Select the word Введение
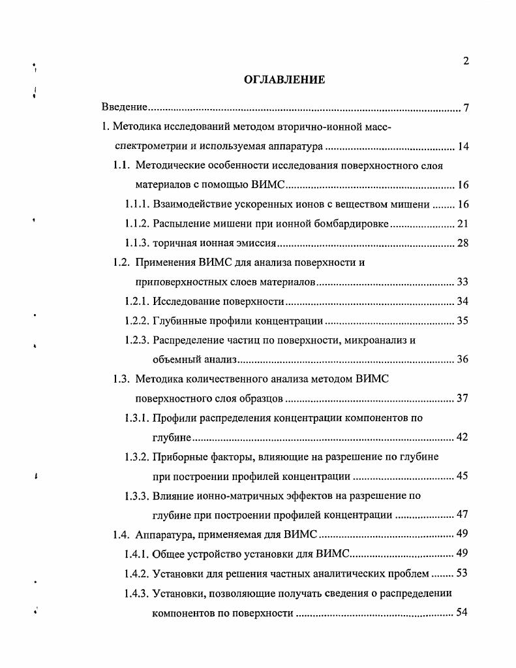coord(123,107)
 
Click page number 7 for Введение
coord(466,107)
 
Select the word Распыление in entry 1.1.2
coord(179,224)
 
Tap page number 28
coord(463,244)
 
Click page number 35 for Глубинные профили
coord(463,321)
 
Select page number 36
coord(463,360)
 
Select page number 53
coord(463,574)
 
